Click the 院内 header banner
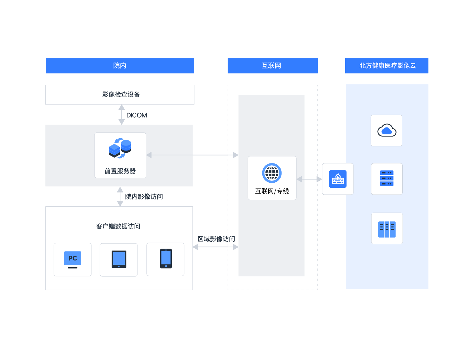pos(120,66)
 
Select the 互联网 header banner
pos(272,66)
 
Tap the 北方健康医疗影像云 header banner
pos(387,66)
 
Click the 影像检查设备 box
pos(120,94)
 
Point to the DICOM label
pos(137,115)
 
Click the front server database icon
pos(120,148)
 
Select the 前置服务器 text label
pos(120,171)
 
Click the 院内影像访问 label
pos(144,197)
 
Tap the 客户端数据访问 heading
pos(118,226)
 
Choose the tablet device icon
pos(119,259)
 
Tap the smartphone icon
pos(166,259)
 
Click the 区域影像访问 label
pos(216,239)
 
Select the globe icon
pos(272,173)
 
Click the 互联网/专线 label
pos(272,191)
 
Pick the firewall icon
pos(338,179)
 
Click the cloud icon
pos(387,130)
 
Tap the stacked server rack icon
pos(387,179)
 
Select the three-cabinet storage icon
pos(387,229)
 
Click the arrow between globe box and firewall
pos(309,179)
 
